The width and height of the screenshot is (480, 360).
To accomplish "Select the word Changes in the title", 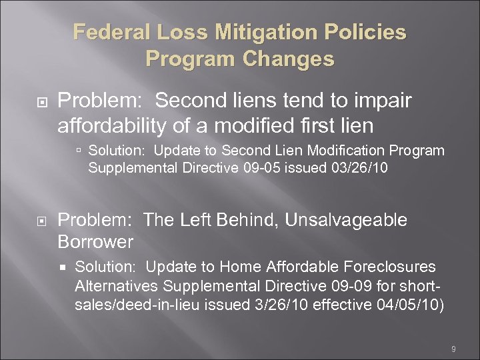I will point(289,59).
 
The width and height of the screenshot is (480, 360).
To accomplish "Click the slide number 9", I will point(453,349).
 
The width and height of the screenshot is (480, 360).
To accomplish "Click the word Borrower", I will point(96,241).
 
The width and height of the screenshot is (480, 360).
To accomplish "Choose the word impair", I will point(381,101).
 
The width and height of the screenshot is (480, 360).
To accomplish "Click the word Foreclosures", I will point(389,267).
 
